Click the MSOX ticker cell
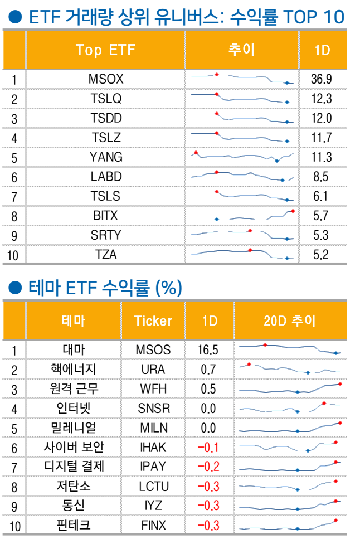pos(106,79)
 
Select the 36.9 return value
pos(322,79)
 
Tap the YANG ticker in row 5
pos(106,157)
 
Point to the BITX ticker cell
pos(106,215)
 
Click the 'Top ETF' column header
pos(106,50)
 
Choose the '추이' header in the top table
pos(241,50)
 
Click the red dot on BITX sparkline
pos(292,211)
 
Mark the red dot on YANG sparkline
pos(196,152)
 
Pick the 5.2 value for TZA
pos(322,255)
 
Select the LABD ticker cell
pos(106,177)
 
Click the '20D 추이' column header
pos(289,320)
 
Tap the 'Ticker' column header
pos(153,320)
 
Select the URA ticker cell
pos(153,369)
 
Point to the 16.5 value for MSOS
pos(208,349)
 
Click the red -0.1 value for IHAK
pos(208,447)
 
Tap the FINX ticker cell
pos(153,525)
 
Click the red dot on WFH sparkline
pos(339,383)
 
